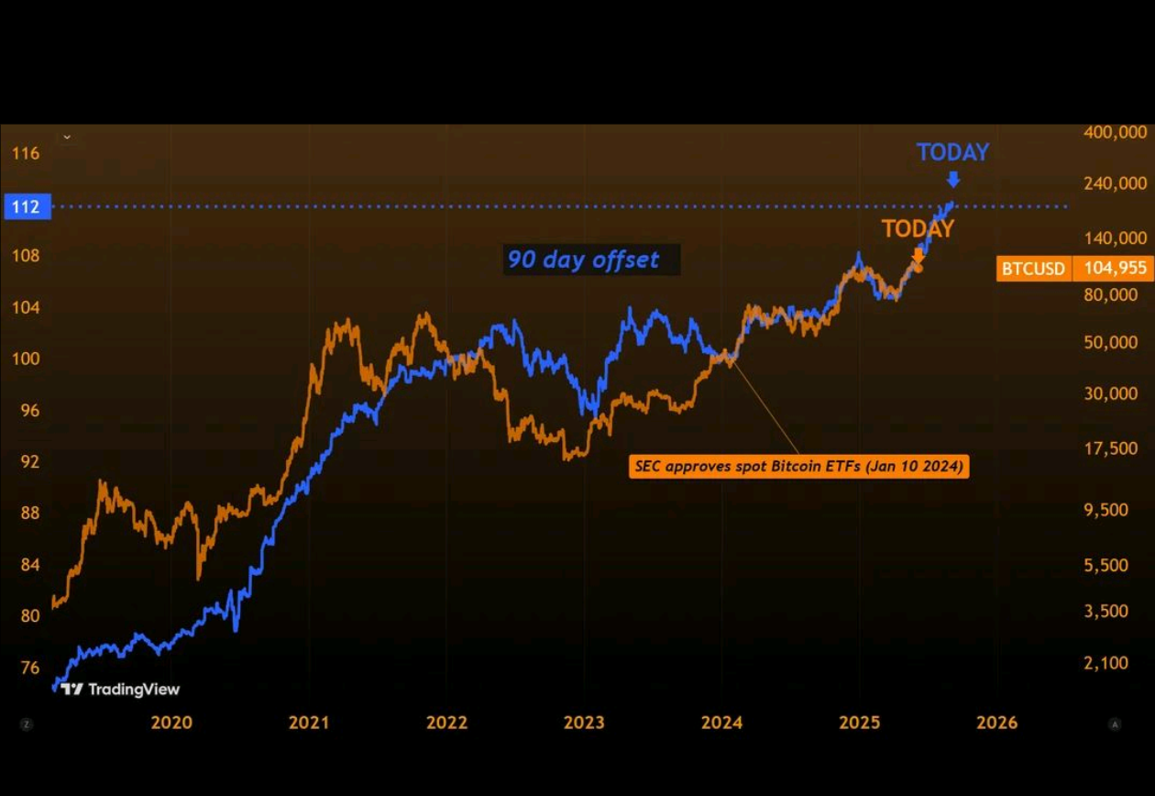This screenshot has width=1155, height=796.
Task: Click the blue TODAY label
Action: (x=952, y=152)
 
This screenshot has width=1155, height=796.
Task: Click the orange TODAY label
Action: (x=918, y=228)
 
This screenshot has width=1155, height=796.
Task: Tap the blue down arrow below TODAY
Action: (x=953, y=179)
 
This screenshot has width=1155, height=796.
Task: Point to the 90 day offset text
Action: (x=584, y=260)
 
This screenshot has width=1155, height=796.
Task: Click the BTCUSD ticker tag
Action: (x=1033, y=269)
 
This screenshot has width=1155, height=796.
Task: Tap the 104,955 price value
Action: (x=1114, y=269)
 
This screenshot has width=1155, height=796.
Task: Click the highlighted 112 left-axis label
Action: (x=26, y=207)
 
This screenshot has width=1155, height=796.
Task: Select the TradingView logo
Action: (x=120, y=690)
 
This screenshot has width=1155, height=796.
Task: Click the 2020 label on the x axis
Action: (x=171, y=723)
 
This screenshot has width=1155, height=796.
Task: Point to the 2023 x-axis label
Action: (x=584, y=723)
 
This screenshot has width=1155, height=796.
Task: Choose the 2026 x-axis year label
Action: (x=996, y=723)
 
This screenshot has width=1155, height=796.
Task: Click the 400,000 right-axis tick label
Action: (x=1115, y=132)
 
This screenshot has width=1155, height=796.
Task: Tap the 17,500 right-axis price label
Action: (x=1110, y=448)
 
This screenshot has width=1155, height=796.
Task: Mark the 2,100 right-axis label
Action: (x=1110, y=663)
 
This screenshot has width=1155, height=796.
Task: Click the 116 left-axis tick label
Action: (x=26, y=153)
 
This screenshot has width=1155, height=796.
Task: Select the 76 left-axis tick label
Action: (x=29, y=667)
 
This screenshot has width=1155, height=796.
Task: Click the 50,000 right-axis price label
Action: (x=1110, y=342)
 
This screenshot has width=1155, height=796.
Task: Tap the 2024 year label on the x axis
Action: (x=721, y=723)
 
